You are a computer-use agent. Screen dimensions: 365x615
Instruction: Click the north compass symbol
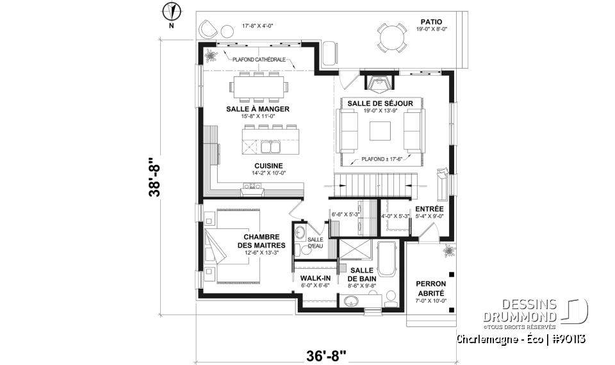point(171,12)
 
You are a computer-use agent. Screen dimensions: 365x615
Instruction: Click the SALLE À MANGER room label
point(258,109)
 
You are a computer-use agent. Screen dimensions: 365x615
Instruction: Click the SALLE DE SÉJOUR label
point(380,103)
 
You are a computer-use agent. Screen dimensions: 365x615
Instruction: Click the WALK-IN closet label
point(315,278)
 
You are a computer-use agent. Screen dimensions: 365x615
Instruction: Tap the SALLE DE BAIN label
point(361,275)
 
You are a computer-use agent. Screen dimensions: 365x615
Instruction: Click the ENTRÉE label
point(429,209)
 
